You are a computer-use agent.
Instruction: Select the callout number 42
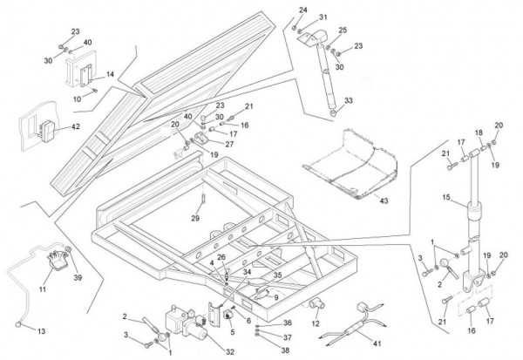point(76,126)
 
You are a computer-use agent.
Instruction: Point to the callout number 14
point(110,75)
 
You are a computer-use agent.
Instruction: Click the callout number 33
point(350,101)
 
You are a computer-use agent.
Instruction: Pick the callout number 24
point(303,10)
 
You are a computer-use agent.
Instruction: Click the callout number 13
point(41,332)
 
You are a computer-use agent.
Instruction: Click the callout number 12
point(316,324)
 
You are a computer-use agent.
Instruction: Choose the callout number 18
point(478,132)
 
